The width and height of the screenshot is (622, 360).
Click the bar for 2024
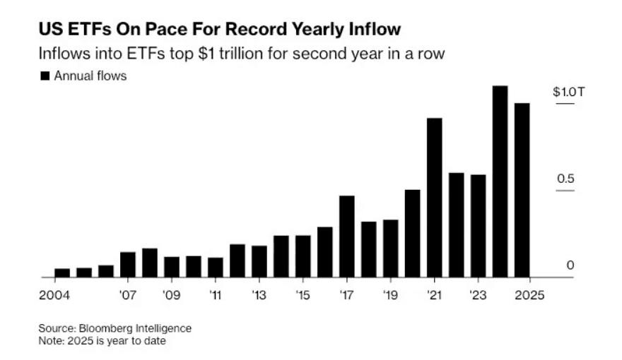point(500,182)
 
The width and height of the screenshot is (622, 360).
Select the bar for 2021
point(435,198)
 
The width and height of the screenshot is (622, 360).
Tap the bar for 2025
point(522,191)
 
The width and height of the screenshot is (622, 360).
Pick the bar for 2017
point(347,237)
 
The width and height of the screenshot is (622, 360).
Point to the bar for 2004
point(62,273)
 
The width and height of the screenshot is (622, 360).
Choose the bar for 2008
point(150,263)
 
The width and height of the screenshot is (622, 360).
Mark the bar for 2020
point(413,234)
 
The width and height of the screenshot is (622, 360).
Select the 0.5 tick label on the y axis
point(565,179)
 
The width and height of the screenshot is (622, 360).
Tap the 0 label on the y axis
point(570,265)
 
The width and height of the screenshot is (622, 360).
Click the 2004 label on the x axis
point(55,295)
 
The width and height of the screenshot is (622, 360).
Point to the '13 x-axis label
point(259,295)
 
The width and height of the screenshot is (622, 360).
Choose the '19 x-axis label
point(390,295)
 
